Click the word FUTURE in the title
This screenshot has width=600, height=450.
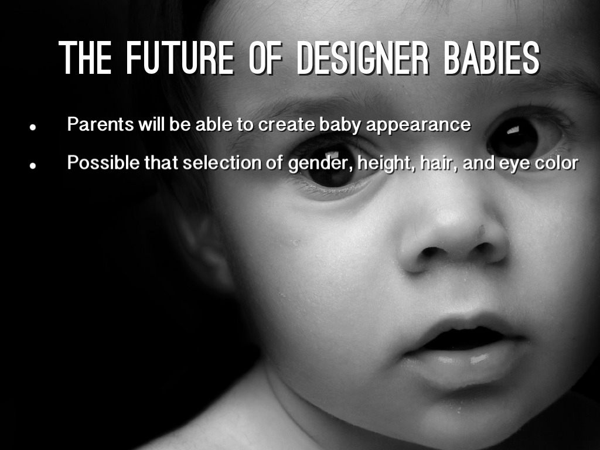[180, 58]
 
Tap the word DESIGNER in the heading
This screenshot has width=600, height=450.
[363, 58]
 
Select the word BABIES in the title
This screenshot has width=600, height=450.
[492, 58]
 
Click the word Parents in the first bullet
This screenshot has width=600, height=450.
[101, 124]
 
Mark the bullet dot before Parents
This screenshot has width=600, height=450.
[33, 127]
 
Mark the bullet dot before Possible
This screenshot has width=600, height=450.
[33, 165]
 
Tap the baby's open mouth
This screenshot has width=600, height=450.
[464, 337]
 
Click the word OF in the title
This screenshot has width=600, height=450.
[265, 58]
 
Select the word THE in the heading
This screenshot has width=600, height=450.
[85, 58]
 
